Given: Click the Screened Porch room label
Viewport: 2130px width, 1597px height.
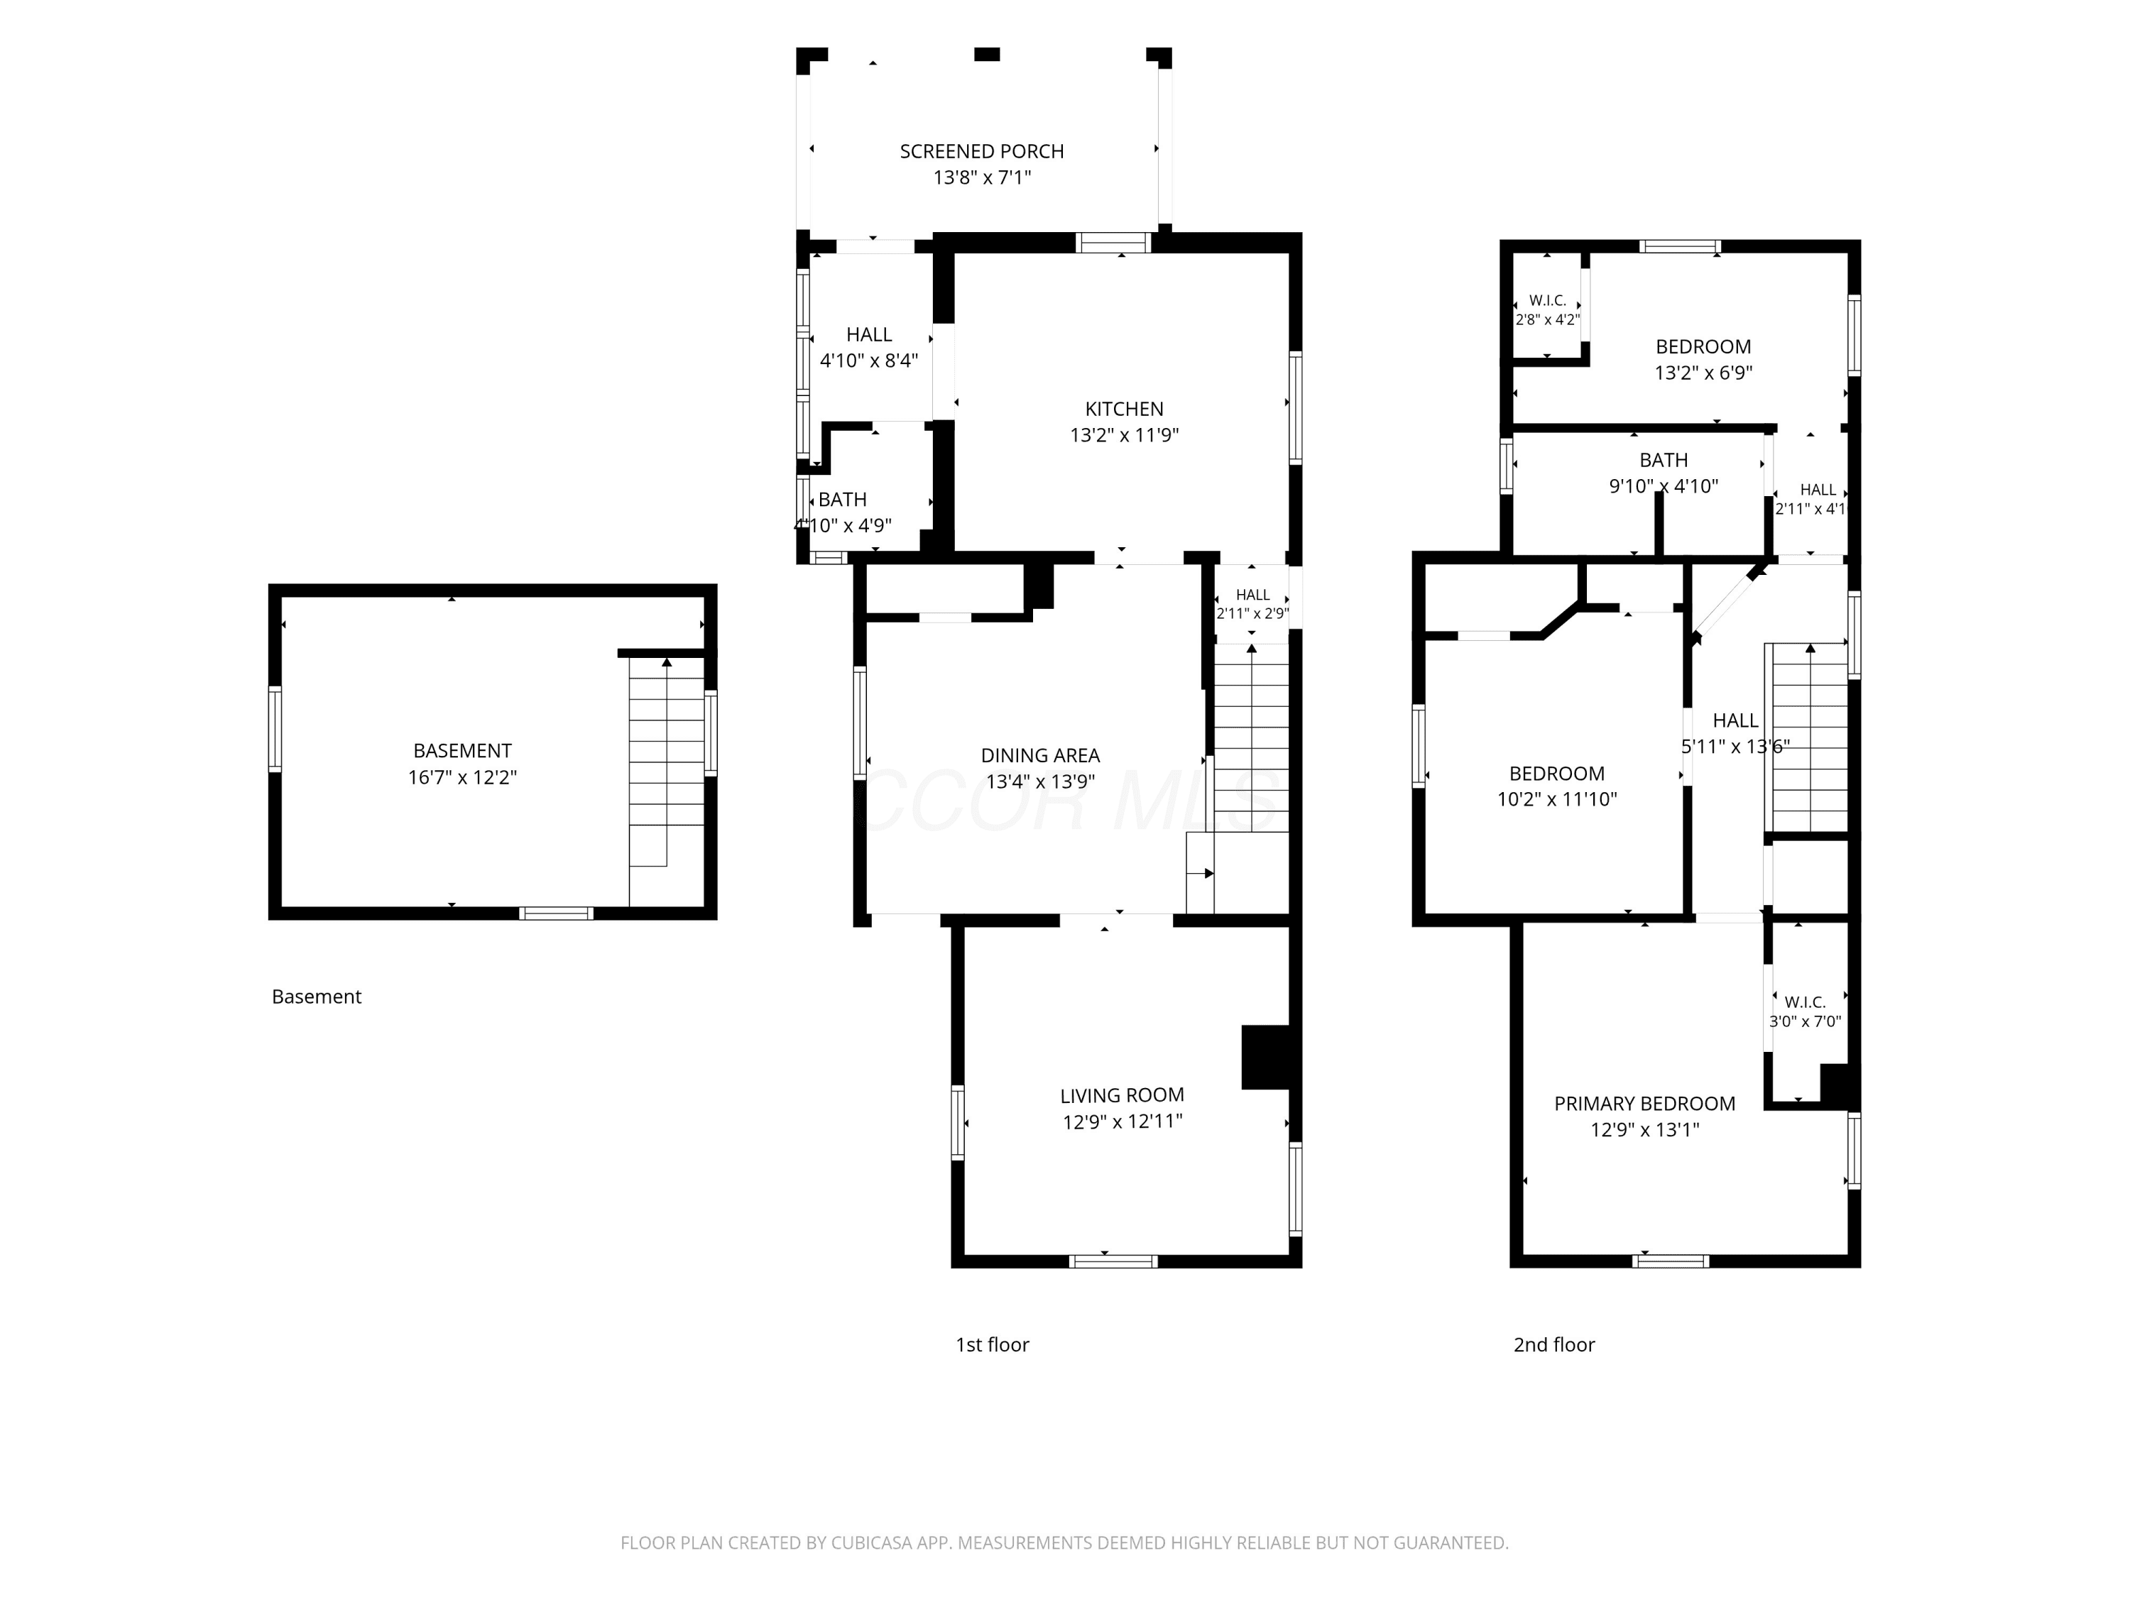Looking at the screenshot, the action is point(981,151).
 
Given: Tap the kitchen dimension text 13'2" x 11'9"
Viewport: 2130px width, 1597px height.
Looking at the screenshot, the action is point(1124,435).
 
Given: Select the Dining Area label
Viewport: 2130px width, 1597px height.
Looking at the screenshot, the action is point(1040,756).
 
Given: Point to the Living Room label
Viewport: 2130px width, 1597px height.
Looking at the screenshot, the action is point(1122,1095).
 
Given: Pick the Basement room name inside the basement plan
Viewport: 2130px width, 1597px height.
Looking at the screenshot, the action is point(462,751).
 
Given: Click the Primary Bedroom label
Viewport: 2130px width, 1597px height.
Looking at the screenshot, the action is point(1644,1104).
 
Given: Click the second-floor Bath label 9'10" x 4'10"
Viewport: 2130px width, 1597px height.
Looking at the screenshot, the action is point(1664,460).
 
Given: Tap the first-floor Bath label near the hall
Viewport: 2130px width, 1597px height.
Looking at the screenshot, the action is point(843,500).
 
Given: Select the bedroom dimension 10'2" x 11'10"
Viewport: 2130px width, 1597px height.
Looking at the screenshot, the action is point(1557,799).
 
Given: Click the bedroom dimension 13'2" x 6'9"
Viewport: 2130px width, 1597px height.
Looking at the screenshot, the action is point(1703,373).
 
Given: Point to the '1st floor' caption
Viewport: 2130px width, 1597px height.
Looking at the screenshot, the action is point(992,1345).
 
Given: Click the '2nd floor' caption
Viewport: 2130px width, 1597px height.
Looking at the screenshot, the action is point(1554,1345).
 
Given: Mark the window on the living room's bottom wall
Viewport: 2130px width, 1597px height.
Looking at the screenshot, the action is point(1113,1261).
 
